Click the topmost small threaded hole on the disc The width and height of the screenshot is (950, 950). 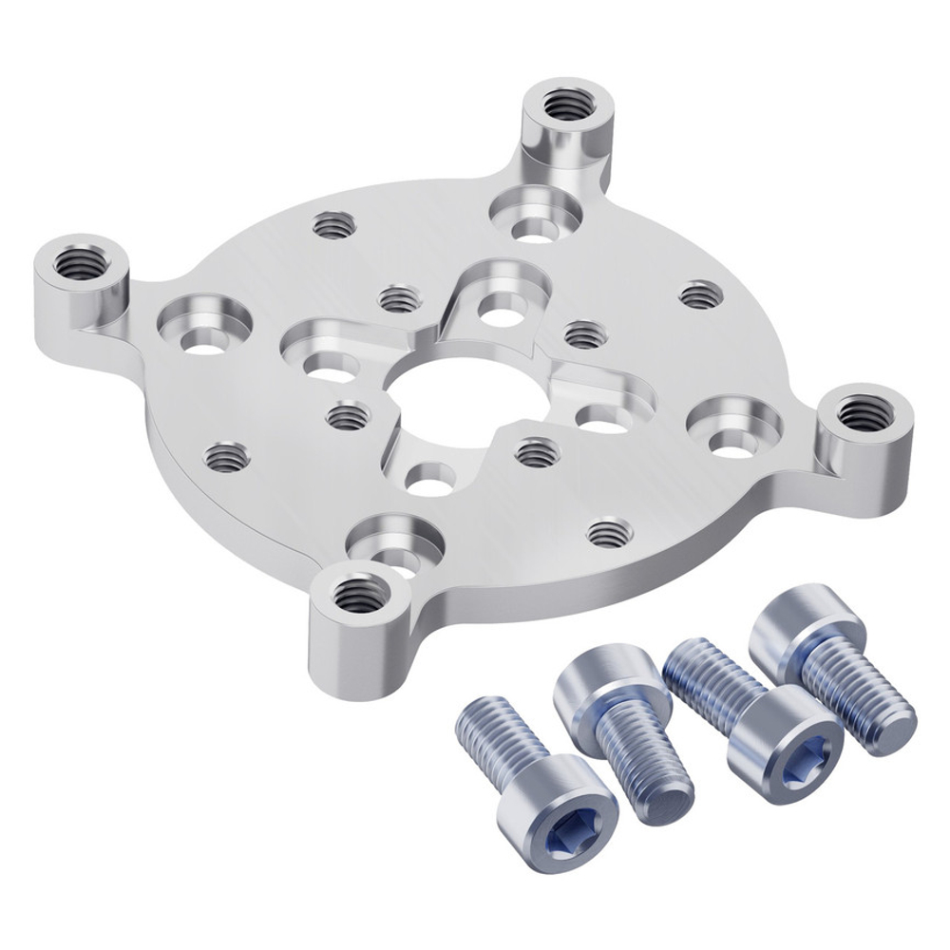point(332,225)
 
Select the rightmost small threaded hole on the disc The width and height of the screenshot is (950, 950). point(701,294)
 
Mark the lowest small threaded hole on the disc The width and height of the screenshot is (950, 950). point(608,531)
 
